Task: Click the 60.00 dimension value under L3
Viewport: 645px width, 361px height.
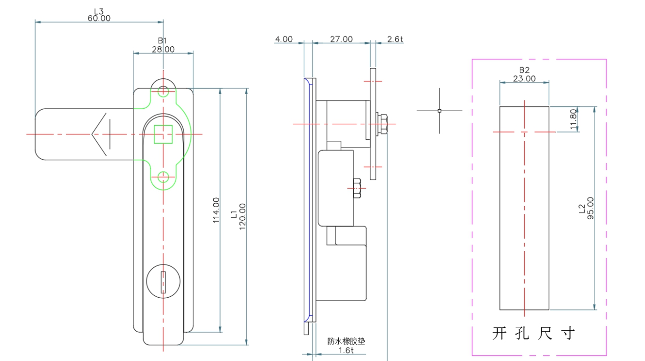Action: tap(99, 19)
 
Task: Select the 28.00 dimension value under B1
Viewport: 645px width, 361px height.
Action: tap(163, 49)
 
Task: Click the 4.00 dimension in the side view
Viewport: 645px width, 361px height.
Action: tap(283, 39)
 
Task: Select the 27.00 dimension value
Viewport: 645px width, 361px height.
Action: tap(341, 39)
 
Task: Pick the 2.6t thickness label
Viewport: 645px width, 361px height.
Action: tap(395, 39)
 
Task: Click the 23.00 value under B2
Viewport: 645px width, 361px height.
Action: tap(524, 78)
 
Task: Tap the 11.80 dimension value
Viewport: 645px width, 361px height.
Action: tap(573, 119)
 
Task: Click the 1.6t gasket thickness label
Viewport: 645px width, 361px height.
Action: tap(346, 350)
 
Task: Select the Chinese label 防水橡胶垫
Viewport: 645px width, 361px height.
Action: tap(346, 342)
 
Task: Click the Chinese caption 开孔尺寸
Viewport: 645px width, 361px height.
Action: tap(534, 334)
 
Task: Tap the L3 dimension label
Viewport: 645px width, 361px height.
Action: tap(99, 11)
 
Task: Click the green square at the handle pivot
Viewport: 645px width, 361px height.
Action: tap(164, 134)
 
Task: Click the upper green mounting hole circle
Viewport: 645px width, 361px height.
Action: tap(164, 91)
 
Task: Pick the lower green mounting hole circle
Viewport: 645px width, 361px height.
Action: tap(164, 176)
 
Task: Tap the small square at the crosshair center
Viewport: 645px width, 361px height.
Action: tap(440, 111)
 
